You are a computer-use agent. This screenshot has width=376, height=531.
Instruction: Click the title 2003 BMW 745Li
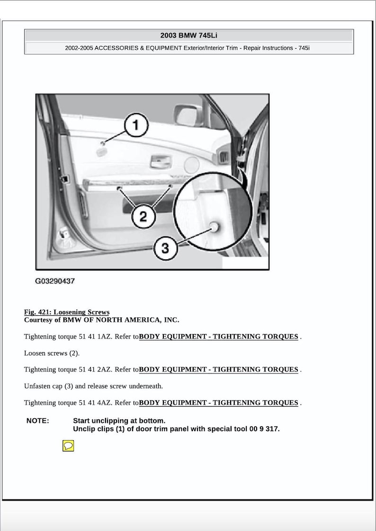coord(188,35)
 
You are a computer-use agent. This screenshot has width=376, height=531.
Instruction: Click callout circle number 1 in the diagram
coord(136,125)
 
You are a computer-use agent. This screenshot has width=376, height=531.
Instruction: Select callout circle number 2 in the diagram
coord(143,217)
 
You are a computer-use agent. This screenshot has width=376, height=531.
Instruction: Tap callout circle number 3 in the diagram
coord(165,248)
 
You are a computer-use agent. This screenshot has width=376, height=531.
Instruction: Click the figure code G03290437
coord(55,281)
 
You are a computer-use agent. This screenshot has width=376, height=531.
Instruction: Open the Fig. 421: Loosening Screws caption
coord(67,312)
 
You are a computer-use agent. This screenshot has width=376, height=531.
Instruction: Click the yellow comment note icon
coord(68,445)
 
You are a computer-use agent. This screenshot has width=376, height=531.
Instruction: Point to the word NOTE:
coord(37,421)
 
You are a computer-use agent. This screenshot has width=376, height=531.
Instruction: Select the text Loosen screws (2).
coord(52,353)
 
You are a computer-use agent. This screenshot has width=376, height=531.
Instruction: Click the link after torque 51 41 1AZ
coord(219,336)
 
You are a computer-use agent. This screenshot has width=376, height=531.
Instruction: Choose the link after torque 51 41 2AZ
coord(219,369)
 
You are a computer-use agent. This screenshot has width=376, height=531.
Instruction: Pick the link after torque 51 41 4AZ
coord(219,403)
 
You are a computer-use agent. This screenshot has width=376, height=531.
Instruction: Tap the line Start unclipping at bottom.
coord(119,421)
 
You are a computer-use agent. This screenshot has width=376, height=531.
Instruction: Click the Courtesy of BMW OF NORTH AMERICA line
coord(101,320)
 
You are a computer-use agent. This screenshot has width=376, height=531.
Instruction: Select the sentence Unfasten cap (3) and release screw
coord(93,386)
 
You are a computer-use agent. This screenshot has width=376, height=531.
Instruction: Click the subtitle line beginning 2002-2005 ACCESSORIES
coord(188,48)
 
